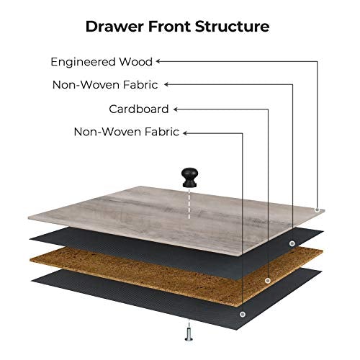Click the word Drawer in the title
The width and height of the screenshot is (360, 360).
point(114,26)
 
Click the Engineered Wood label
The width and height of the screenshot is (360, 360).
point(102,62)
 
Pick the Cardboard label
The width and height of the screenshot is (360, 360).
point(139,109)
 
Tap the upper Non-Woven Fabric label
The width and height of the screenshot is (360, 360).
point(105,85)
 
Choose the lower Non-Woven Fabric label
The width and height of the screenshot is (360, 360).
point(127,132)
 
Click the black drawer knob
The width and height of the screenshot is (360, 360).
point(190,177)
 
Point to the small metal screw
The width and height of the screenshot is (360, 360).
point(189,334)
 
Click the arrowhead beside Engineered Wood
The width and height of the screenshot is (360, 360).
point(158,61)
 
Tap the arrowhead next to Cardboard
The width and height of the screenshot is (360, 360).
point(176,109)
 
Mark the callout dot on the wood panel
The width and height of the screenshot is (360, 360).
point(317,210)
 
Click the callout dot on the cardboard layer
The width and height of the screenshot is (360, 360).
point(268,280)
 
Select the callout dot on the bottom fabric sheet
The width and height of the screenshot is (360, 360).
point(243,314)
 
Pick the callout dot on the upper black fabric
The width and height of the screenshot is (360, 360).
point(292,243)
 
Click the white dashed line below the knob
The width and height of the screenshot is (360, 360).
point(189,204)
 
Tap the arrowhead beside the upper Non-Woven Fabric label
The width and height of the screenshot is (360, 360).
point(166,84)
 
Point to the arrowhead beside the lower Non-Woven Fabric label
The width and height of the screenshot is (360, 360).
point(185,133)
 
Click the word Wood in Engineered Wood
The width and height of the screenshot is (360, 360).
point(136,62)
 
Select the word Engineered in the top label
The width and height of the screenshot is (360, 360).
point(84,62)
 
